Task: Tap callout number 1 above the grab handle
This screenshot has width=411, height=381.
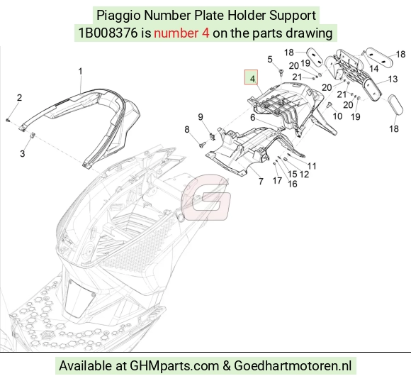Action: pos(81,72)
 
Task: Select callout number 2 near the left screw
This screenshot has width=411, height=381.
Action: pos(19,98)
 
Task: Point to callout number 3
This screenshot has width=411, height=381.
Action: pos(23,153)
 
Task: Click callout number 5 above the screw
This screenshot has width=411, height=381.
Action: pos(270,60)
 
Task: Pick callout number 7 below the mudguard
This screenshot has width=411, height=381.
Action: pos(261,182)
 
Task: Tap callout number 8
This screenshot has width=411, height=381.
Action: pos(186,129)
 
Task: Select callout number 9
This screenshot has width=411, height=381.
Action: pos(201,117)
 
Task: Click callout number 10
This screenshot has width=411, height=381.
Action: pos(337,116)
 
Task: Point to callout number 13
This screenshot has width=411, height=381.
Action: pos(393,79)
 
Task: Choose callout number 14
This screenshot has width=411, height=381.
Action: pos(373,69)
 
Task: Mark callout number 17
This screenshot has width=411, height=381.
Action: pos(277,180)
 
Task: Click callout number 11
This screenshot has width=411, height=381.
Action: pos(312,166)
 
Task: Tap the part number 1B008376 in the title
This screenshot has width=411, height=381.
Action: pos(108,33)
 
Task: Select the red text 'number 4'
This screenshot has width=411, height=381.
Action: pos(181,33)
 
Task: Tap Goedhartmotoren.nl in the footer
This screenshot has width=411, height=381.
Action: pos(293,366)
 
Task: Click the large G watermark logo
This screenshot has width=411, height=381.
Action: pos(206,197)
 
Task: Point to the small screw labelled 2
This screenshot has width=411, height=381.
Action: pos(8,120)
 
